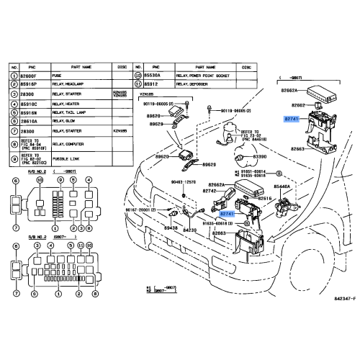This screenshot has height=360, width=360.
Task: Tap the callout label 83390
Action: (x=260, y=156)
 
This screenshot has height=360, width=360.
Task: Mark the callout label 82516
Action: (x=265, y=197)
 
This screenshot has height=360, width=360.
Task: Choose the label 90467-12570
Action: (x=183, y=184)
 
